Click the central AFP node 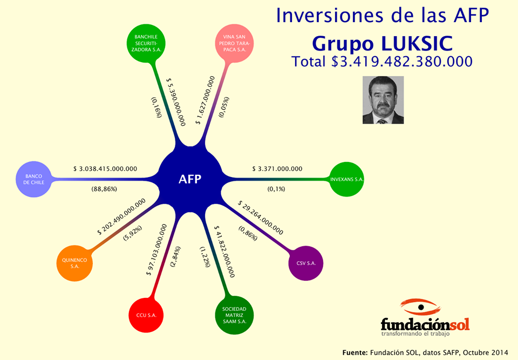tap(190, 179)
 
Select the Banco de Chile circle tap(33, 179)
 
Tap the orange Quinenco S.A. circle tap(74, 263)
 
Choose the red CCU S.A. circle tap(146, 315)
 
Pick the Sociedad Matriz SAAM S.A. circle tap(234, 315)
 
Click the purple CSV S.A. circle tap(306, 263)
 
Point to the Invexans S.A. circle tap(346, 179)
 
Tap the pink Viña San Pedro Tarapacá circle tap(234, 43)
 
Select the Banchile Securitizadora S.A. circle tap(146, 43)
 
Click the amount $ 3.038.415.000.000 tap(105, 168)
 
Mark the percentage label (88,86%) tap(104, 189)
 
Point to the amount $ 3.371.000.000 tap(277, 168)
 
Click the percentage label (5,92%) tap(133, 233)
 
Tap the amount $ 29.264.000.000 tap(260, 218)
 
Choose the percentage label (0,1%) tap(276, 189)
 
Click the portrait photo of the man tap(383, 100)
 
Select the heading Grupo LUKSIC tap(382, 43)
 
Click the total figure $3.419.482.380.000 tap(402, 62)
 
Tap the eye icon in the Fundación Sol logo tap(420, 307)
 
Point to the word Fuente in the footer tap(355, 352)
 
